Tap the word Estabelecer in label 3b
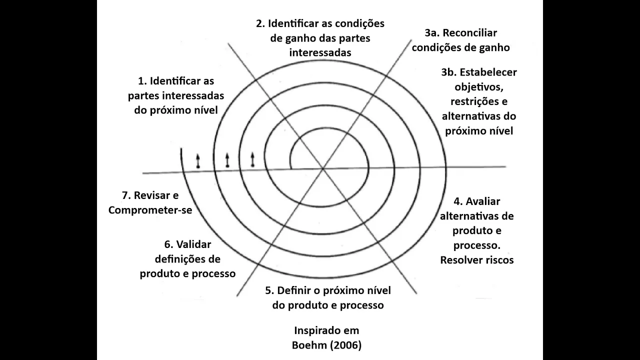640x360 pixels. [x=488, y=72]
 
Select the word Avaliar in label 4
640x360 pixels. [x=483, y=201]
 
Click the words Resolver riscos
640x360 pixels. [x=477, y=260]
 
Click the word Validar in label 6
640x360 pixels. [x=194, y=244]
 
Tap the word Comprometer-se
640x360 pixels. [x=150, y=210]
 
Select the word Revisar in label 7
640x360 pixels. [x=156, y=195]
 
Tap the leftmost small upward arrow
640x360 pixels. [x=198, y=160]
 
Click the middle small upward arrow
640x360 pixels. [x=227, y=159]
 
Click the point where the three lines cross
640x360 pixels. [x=323, y=169]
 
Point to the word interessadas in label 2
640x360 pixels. [x=320, y=52]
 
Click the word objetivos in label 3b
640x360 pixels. [x=478, y=86]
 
